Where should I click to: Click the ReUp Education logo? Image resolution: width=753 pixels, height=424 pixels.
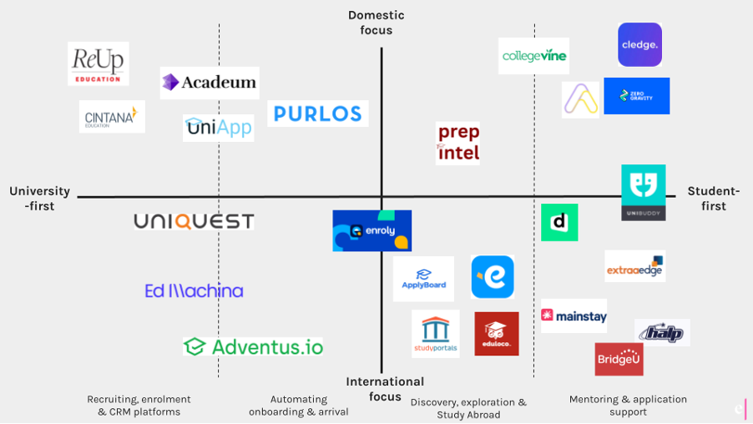(99, 63)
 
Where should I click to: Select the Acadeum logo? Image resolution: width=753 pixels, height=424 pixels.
(210, 83)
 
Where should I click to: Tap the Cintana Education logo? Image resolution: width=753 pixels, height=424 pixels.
(112, 118)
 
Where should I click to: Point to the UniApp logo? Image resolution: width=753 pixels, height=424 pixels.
(218, 128)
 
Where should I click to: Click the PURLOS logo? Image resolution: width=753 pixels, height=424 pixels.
(318, 114)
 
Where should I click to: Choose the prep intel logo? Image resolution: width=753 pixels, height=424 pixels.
(458, 143)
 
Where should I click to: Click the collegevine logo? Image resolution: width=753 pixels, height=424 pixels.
(534, 56)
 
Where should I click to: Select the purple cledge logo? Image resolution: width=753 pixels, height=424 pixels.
(639, 45)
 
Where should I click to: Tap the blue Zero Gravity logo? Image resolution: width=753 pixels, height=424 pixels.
(636, 96)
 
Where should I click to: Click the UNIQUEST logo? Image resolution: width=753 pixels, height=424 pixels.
(194, 221)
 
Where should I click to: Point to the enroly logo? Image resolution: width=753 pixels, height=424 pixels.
(372, 231)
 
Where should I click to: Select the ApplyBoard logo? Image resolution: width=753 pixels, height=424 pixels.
(424, 279)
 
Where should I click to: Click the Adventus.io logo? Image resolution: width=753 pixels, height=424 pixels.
(254, 346)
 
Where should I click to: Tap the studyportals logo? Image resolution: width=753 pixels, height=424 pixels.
(436, 334)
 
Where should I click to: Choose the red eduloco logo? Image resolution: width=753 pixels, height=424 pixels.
(497, 334)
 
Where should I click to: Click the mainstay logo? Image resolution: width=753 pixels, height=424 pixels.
(574, 316)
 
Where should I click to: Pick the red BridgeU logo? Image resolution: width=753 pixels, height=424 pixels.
(619, 359)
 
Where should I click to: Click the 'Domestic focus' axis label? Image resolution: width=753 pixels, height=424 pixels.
(376, 23)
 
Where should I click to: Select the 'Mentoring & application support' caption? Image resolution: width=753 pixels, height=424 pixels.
(628, 405)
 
